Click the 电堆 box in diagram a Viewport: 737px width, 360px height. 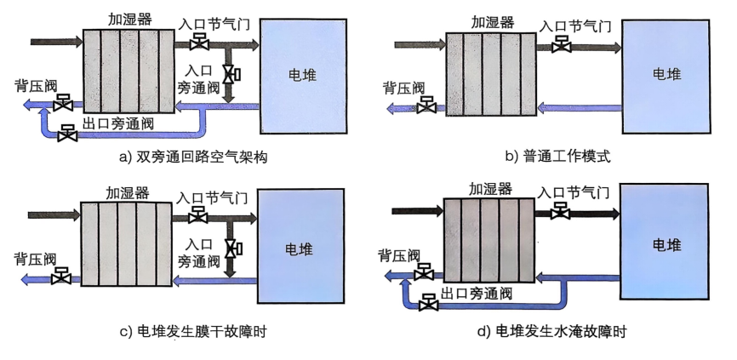304,76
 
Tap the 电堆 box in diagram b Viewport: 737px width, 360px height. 666,77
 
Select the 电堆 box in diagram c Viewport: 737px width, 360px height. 300,246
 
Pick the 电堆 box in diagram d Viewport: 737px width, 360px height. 664,242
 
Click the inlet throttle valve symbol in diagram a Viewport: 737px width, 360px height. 199,42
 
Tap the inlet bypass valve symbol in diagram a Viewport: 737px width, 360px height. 231,74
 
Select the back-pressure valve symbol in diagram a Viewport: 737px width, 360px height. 62,102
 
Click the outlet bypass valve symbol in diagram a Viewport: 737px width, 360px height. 67,134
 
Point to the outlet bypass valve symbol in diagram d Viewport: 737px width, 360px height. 428,303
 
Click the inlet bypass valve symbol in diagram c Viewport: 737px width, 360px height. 232,249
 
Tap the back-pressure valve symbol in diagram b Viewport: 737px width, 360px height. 426,105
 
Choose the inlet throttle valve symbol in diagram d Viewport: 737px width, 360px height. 560,210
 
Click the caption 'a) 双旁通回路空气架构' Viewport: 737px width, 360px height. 193,157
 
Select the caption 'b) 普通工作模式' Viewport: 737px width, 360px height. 558,156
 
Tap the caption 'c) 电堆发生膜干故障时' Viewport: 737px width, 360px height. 193,331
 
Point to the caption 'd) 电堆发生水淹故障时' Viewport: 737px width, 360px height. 551,331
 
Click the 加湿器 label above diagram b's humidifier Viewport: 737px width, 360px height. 493,22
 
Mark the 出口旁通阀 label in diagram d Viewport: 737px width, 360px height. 476,294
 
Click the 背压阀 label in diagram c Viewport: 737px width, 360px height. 35,259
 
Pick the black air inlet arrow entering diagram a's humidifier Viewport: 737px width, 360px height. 56,42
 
